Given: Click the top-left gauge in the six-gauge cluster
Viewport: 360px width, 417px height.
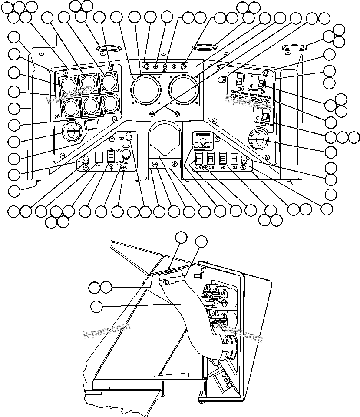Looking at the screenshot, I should coord(68,83).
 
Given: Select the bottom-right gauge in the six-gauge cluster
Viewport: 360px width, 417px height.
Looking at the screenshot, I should coord(110,103).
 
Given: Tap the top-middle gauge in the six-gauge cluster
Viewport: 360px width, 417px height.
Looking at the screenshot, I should coord(88,82).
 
